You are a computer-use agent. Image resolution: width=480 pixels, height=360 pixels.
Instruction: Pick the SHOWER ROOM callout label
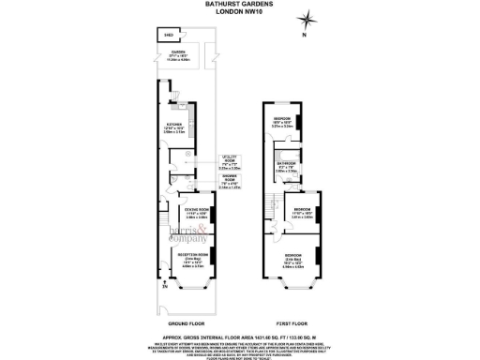(x=230, y=180)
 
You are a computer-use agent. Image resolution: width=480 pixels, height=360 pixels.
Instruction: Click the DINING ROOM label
(x=196, y=213)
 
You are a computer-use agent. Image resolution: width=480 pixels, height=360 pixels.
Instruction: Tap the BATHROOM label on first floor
(x=286, y=166)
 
